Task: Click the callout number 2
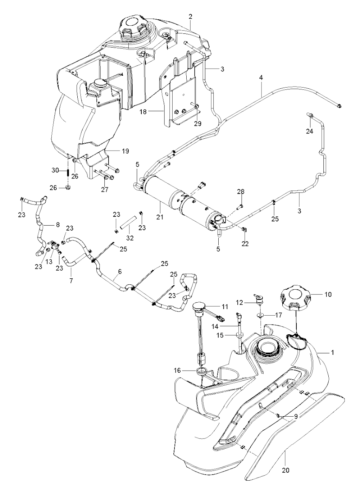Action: tap(190, 17)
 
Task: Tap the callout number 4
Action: tap(261, 78)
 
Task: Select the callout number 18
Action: tap(143, 112)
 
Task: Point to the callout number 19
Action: tap(125, 151)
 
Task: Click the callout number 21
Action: tap(160, 216)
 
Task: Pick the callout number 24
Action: tap(309, 131)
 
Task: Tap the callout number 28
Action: tap(241, 191)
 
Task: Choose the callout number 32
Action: tap(130, 238)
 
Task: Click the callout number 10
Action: tap(328, 294)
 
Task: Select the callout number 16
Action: tap(177, 370)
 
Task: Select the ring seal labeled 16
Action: tap(201, 371)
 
